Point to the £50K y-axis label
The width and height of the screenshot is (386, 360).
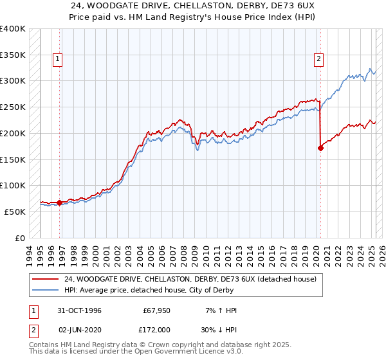coord(15,212)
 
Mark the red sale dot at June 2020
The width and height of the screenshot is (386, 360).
coord(320,148)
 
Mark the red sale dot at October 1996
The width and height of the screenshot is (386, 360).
coord(60,203)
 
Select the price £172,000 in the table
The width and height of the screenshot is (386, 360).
coord(156,328)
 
